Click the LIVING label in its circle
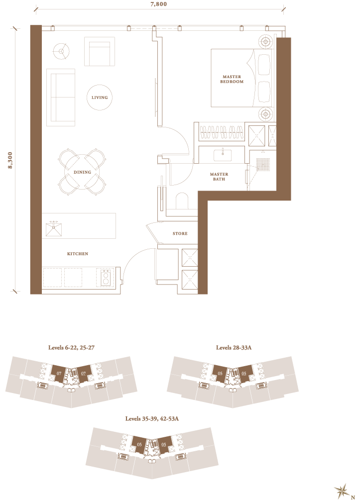pos(100,98)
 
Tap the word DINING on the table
pos(83,172)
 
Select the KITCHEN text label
pos(78,254)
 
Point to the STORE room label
pos(180,233)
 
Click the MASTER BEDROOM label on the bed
pos(232,79)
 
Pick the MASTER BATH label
pos(219,176)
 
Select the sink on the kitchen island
pos(54,229)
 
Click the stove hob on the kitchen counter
pos(106,277)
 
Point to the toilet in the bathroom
pos(182,201)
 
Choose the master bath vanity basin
pos(222,155)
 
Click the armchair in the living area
pos(100,51)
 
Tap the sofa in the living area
pos(61,97)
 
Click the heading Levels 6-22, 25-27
pos(71,347)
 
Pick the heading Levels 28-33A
pos(234,347)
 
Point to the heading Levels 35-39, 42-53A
pos(152,419)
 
